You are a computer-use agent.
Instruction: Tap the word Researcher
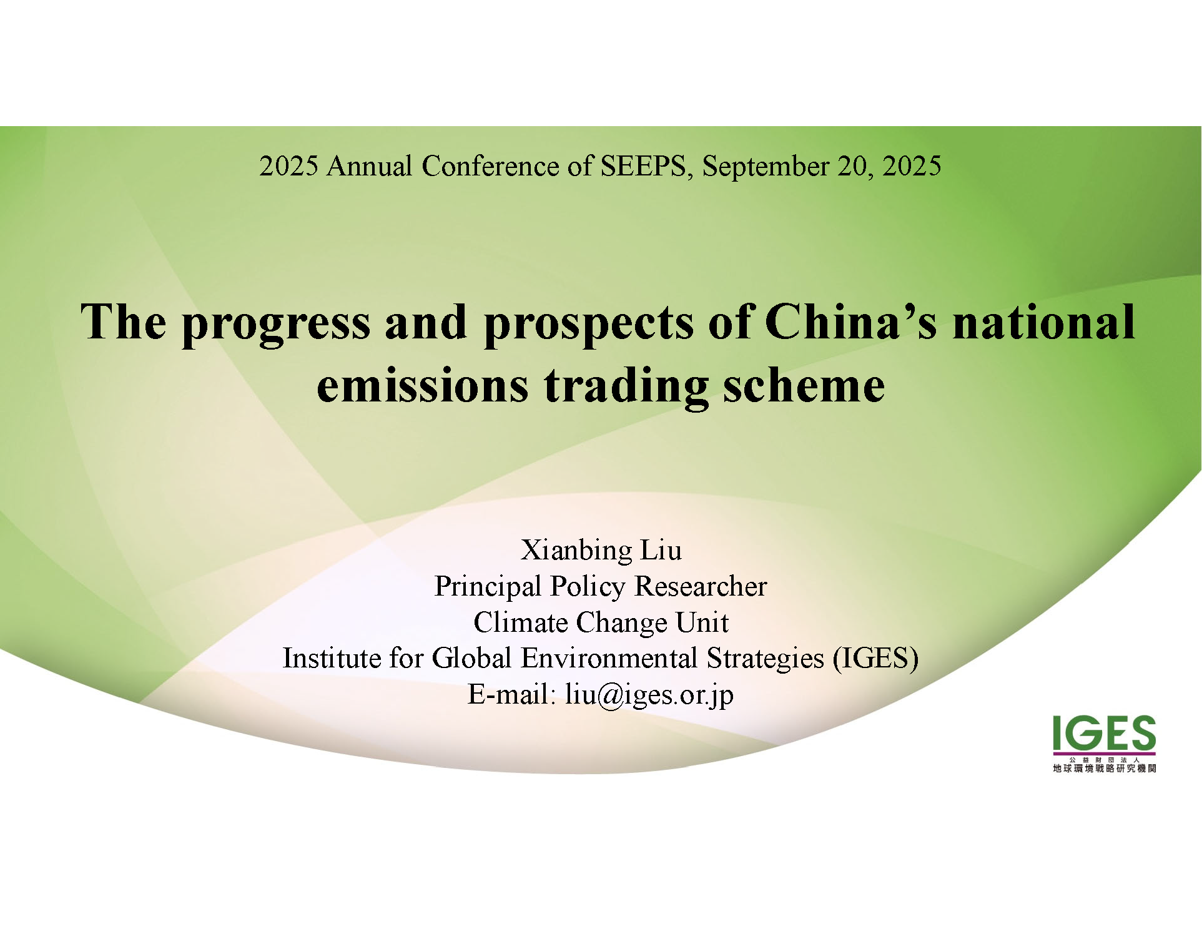pos(701,586)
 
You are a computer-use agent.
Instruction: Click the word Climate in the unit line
pos(521,622)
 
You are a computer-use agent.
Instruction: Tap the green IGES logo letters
pos(1104,733)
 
